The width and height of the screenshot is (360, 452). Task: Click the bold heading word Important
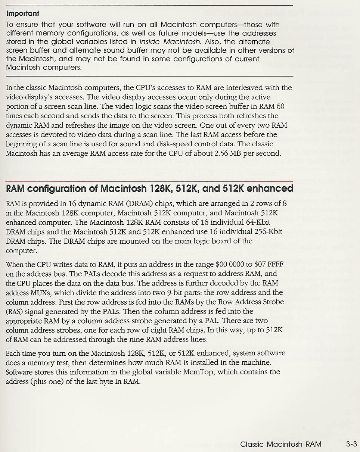(23, 13)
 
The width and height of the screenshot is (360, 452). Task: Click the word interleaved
(244, 88)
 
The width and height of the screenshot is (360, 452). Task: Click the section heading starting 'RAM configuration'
(149, 188)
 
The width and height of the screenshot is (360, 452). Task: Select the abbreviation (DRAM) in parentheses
(138, 204)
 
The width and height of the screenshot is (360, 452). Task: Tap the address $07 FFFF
(269, 265)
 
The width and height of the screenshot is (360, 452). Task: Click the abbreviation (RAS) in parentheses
(13, 311)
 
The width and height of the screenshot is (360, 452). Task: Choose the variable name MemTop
(199, 372)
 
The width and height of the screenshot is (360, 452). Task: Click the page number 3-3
(351, 444)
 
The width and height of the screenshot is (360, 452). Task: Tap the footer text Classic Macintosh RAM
(281, 444)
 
